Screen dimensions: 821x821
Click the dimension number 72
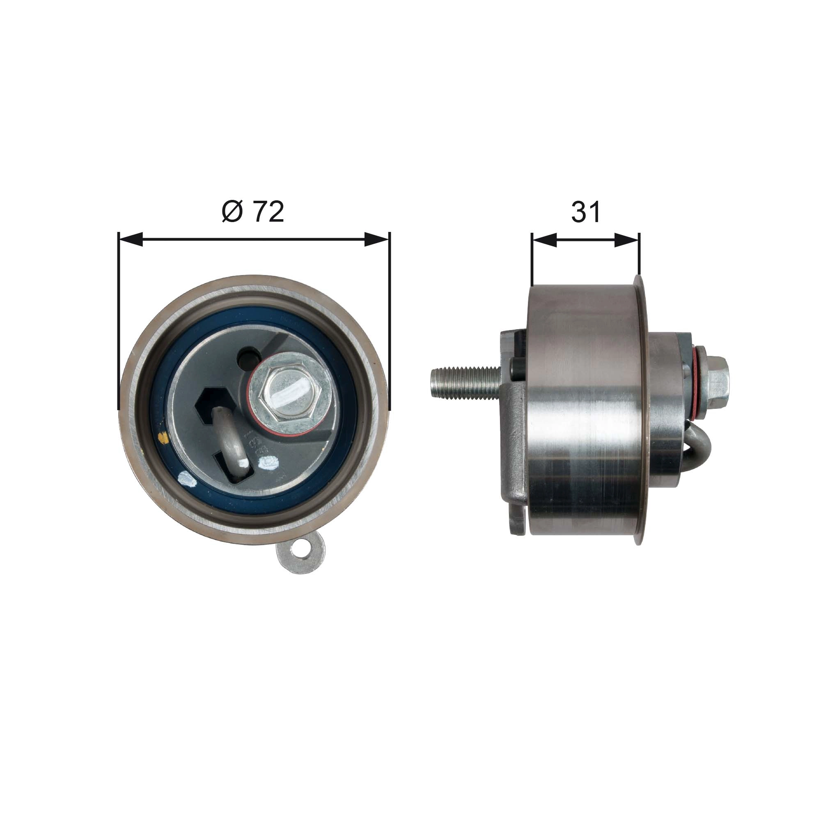tap(268, 212)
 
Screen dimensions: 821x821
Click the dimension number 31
tap(586, 212)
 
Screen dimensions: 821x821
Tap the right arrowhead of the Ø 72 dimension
tap(376, 240)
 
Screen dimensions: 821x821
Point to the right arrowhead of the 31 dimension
tap(626, 240)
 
